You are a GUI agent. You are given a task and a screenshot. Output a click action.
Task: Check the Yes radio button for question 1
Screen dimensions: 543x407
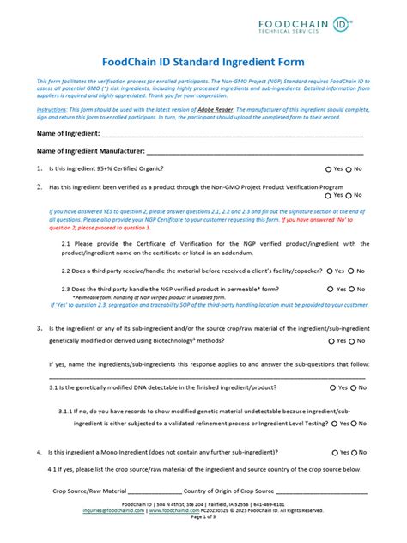point(329,168)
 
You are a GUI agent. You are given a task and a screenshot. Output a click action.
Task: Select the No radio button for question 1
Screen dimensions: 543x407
point(350,168)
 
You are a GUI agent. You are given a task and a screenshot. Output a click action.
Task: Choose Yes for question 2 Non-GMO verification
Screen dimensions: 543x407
point(329,195)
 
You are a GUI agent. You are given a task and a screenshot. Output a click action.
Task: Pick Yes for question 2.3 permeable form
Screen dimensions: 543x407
point(329,289)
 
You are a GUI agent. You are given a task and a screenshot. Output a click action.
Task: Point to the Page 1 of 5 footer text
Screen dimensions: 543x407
point(203,517)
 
